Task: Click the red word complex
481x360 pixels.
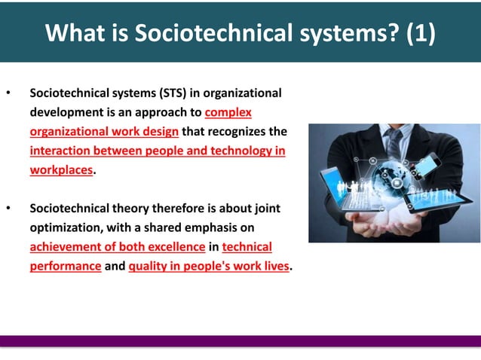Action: pyautogui.click(x=228, y=112)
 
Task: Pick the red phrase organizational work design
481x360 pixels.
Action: pyautogui.click(x=104, y=132)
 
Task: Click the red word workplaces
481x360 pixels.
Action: pyautogui.click(x=61, y=170)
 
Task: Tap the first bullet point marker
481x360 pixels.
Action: pyautogui.click(x=8, y=94)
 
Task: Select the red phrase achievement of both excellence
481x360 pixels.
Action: pyautogui.click(x=117, y=247)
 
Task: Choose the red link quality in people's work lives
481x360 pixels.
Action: pyautogui.click(x=209, y=266)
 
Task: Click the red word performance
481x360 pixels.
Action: pyautogui.click(x=65, y=266)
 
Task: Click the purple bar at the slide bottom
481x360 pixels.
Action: pyautogui.click(x=240, y=340)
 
